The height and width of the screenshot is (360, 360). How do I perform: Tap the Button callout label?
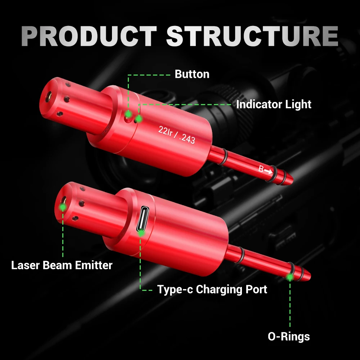tap(192, 74)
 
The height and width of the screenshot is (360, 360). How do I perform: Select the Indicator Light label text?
tap(274, 104)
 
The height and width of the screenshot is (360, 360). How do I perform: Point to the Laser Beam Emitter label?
tap(62, 265)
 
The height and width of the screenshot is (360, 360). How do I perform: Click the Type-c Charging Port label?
tap(212, 289)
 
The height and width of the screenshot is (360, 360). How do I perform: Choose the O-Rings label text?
tap(289, 336)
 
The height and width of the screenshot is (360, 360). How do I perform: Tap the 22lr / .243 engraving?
tap(176, 134)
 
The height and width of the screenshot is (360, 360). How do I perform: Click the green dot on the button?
tap(128, 114)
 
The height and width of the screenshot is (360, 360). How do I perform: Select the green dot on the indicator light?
tap(139, 118)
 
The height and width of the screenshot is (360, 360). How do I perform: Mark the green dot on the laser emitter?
tap(63, 207)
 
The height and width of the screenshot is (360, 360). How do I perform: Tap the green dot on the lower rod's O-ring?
tap(289, 277)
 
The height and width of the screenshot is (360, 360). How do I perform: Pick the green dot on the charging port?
tap(141, 233)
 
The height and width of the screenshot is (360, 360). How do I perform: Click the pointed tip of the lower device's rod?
tap(309, 275)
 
